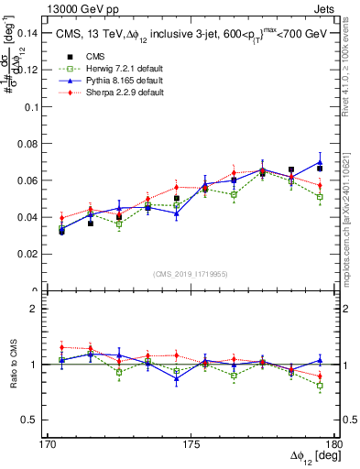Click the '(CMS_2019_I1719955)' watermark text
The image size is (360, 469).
click(x=191, y=273)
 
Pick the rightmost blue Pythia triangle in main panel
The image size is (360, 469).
click(x=320, y=162)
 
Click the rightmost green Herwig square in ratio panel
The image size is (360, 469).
click(x=320, y=386)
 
